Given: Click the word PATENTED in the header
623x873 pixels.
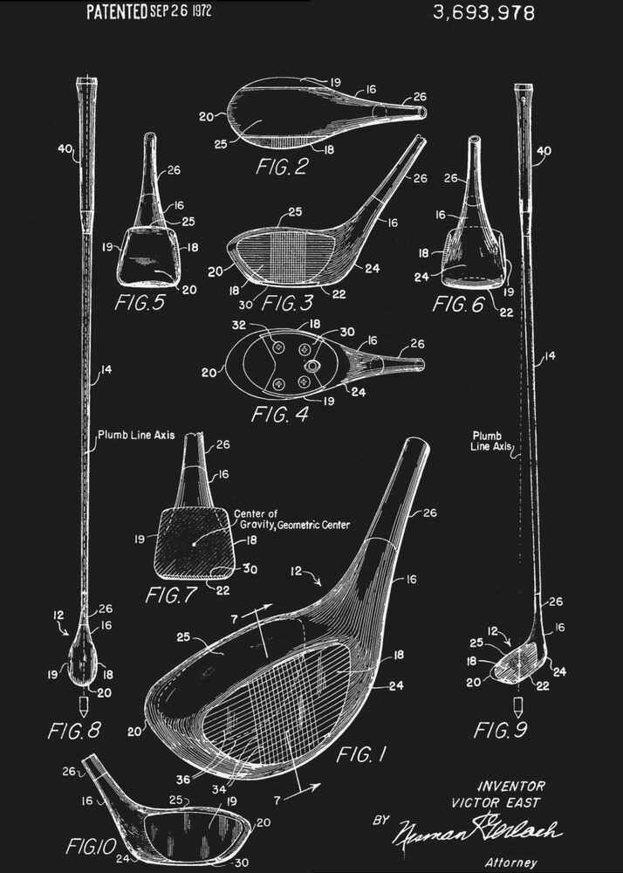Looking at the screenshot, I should tap(116, 11).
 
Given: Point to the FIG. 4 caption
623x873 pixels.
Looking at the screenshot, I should tap(279, 414).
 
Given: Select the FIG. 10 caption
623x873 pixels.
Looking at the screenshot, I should tap(87, 846).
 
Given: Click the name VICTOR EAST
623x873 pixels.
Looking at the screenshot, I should tap(496, 802).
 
